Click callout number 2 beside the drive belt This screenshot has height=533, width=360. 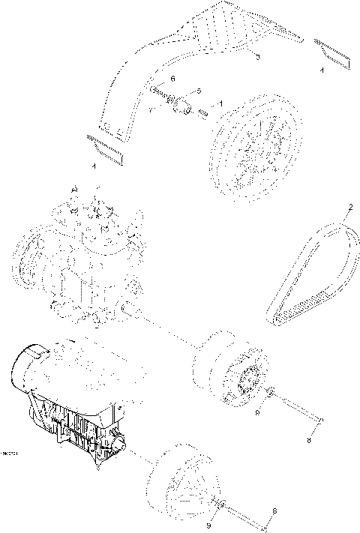pyautogui.click(x=349, y=207)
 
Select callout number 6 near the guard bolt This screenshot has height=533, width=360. pyautogui.click(x=172, y=79)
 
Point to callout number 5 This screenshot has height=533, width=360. pyautogui.click(x=199, y=91)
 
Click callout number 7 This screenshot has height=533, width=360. pyautogui.click(x=150, y=110)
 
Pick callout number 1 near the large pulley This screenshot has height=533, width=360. pyautogui.click(x=220, y=102)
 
